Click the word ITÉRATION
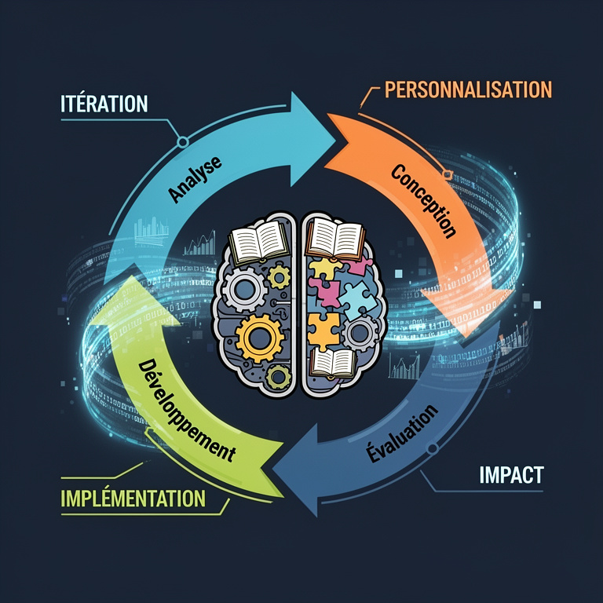coord(104,104)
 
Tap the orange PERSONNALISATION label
coord(469,90)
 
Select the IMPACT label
coord(511,475)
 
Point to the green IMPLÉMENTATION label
coord(133,498)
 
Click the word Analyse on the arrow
coord(195,178)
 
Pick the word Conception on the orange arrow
coord(424,201)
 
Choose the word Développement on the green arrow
coord(186,411)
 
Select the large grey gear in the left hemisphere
coord(245,289)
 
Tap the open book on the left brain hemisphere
coord(258,242)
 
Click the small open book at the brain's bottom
coord(333,363)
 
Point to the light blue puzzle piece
coord(356,299)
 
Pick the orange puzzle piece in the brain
coord(323,330)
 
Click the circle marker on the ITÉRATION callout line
coord(183,142)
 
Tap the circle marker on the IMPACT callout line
coord(433,448)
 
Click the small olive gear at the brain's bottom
coord(278,377)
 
